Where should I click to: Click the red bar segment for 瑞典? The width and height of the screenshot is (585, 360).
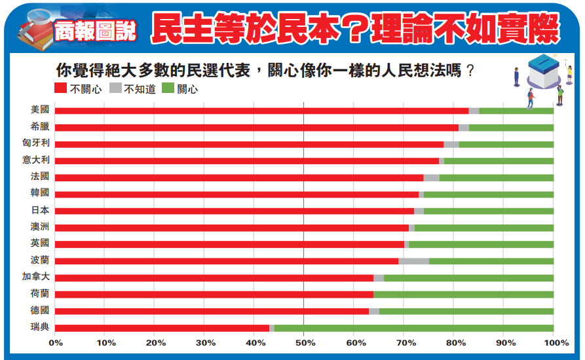pyautogui.click(x=162, y=328)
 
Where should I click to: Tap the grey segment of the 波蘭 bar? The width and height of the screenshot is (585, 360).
pyautogui.click(x=413, y=261)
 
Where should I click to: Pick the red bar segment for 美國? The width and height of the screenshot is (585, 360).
pyautogui.click(x=261, y=111)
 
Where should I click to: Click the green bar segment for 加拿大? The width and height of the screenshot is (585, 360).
pyautogui.click(x=468, y=278)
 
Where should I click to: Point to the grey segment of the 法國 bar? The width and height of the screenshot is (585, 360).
pyautogui.click(x=431, y=177)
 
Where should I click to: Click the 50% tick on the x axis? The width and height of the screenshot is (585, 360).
pyautogui.click(x=304, y=342)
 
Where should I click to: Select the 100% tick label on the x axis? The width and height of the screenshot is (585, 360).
pyautogui.click(x=554, y=342)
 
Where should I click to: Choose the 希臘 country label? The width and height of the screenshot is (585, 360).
pyautogui.click(x=39, y=126)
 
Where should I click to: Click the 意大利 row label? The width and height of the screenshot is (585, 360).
pyautogui.click(x=35, y=160)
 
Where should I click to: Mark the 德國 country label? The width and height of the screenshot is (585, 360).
pyautogui.click(x=39, y=310)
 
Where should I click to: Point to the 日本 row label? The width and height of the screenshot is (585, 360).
pyautogui.click(x=39, y=210)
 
